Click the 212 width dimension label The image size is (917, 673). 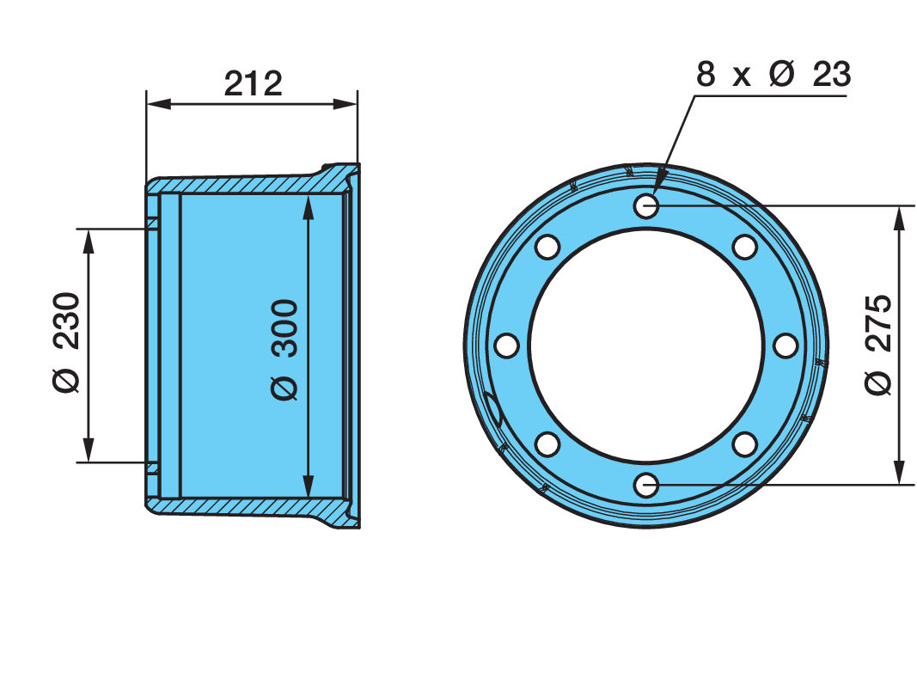(x=254, y=83)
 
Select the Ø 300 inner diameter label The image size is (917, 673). (x=284, y=349)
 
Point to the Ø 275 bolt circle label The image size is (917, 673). (x=877, y=345)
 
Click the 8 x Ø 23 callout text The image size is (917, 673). (x=773, y=74)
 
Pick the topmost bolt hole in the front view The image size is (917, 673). (x=646, y=205)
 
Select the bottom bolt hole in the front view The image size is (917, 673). (x=646, y=486)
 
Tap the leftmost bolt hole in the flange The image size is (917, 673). (x=506, y=345)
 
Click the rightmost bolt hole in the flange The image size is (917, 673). (x=786, y=345)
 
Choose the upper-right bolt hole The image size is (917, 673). (x=745, y=247)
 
